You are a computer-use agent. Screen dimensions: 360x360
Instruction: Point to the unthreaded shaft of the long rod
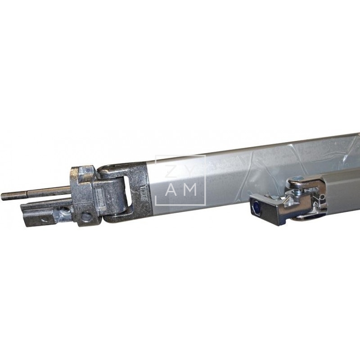[45, 192]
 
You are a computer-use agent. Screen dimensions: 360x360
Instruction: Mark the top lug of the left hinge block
[83, 173]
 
